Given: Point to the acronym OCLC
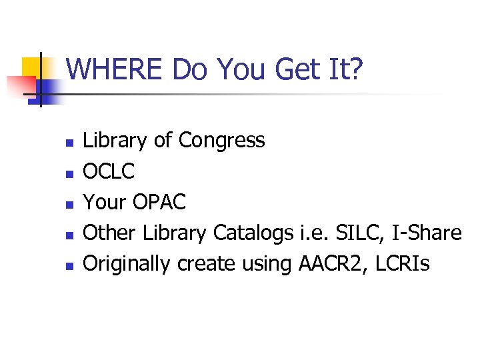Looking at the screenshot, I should point(108,171).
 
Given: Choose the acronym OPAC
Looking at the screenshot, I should point(159,202).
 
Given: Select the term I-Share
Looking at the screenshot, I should point(427,233).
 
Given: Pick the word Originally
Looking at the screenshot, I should point(127,264).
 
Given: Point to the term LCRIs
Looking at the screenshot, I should point(403,264).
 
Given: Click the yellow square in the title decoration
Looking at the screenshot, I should point(31,67).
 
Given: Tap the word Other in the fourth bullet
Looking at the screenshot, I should point(109,233).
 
